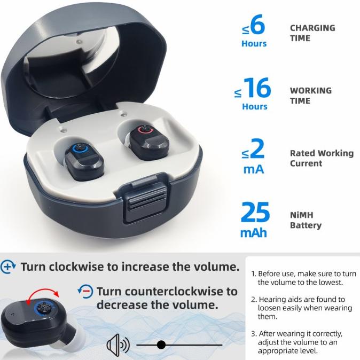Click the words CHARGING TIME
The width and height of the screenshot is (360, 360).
(312, 33)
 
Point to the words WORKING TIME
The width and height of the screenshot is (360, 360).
(310, 95)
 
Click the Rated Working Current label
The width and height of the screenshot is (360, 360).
(322, 158)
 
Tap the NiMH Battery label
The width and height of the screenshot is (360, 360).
(306, 220)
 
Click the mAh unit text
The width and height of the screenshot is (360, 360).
(253, 233)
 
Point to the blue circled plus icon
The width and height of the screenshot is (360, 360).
(9, 267)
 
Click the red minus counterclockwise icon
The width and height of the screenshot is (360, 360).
(85, 291)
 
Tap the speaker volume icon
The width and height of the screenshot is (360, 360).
(118, 345)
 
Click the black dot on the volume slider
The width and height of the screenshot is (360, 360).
(161, 345)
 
